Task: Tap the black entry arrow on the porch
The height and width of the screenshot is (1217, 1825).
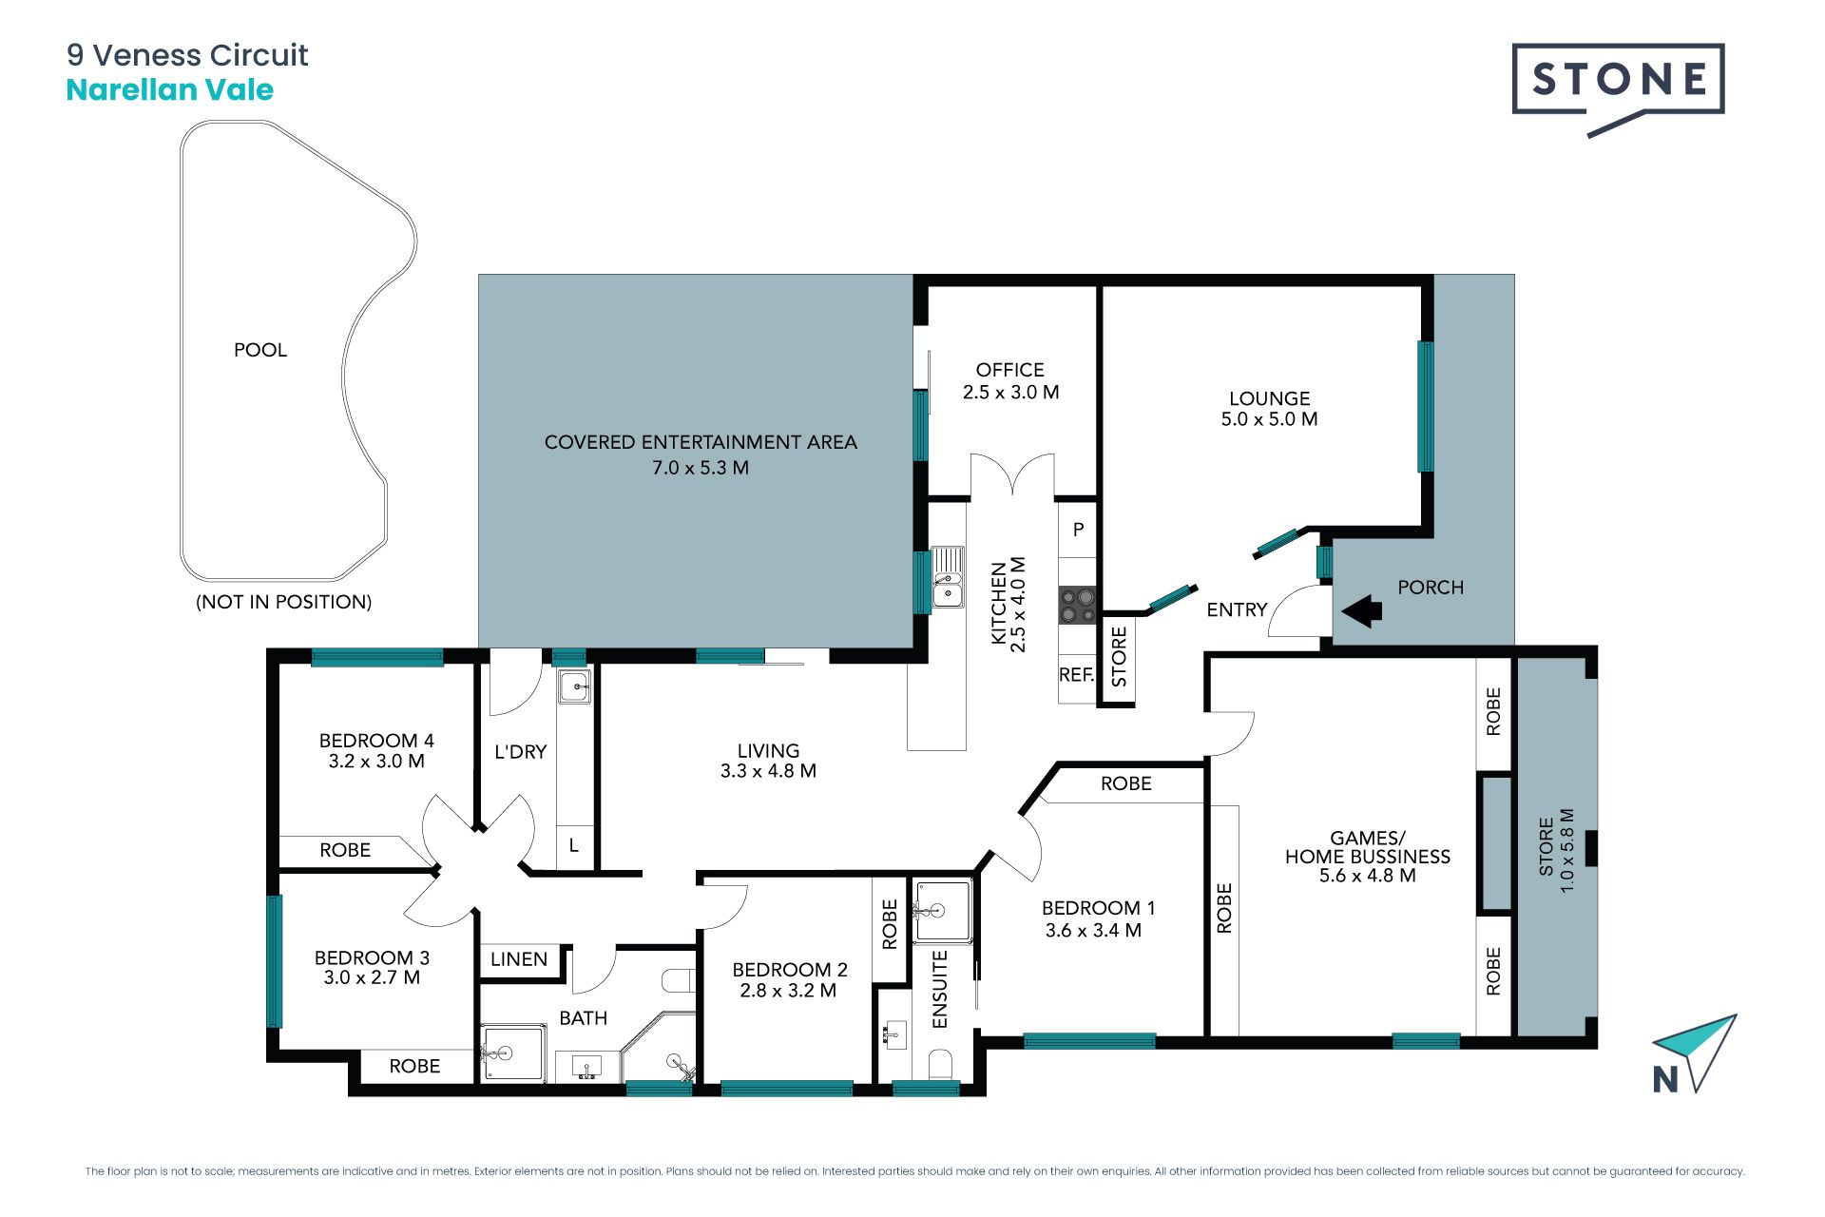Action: tap(1362, 611)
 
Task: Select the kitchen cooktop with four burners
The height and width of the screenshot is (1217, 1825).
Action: tap(1078, 605)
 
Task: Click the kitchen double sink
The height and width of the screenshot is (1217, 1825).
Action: tap(948, 577)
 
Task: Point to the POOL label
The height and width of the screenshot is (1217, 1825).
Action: tap(260, 350)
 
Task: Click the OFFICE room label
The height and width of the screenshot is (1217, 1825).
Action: tap(1009, 370)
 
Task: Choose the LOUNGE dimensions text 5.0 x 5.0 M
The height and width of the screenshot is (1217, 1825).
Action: tap(1269, 419)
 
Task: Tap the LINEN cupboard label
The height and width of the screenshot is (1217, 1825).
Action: tap(519, 959)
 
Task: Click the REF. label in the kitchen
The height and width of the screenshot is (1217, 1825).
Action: tap(1077, 675)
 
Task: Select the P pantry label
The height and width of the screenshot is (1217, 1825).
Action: tap(1078, 530)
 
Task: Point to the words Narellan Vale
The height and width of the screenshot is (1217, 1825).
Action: tap(170, 90)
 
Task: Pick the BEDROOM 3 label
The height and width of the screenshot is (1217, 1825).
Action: tap(372, 957)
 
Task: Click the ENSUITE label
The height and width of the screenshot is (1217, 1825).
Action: tap(940, 989)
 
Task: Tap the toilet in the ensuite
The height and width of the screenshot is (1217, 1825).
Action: tap(940, 1065)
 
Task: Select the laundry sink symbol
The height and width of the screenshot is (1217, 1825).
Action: tap(574, 686)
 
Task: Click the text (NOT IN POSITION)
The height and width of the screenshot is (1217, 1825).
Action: tap(283, 602)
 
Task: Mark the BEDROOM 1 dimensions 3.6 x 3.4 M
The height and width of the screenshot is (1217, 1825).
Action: tap(1093, 931)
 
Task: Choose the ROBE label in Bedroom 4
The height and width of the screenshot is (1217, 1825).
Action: tap(345, 850)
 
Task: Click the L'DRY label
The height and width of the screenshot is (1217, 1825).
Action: tap(521, 752)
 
